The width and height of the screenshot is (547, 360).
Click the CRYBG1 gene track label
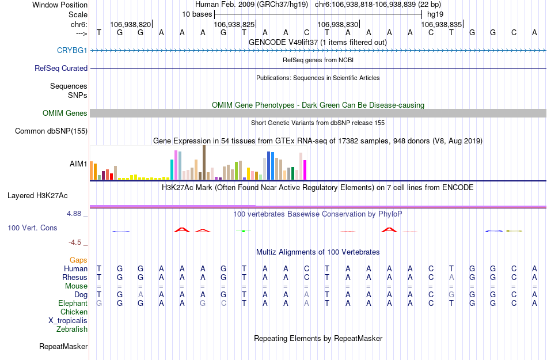click(72, 51)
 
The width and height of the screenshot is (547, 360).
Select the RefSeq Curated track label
click(61, 68)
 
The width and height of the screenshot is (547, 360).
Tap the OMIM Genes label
click(65, 113)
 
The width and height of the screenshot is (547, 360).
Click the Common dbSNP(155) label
click(51, 131)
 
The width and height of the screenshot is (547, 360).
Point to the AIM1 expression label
click(78, 164)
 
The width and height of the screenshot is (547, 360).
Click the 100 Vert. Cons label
click(32, 228)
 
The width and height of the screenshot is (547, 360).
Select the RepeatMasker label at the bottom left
click(63, 347)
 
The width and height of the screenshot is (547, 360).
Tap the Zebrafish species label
click(72, 329)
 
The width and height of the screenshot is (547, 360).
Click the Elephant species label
click(73, 303)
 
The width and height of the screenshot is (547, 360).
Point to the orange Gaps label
click(78, 260)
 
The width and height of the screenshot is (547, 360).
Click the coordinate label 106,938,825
click(234, 25)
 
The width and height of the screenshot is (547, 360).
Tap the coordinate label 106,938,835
click(441, 25)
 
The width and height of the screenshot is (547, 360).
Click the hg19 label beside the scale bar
click(435, 14)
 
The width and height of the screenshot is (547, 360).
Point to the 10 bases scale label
click(197, 14)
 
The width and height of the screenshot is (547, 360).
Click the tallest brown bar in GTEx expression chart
click(204, 162)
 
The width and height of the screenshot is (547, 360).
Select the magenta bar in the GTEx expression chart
click(305, 170)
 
